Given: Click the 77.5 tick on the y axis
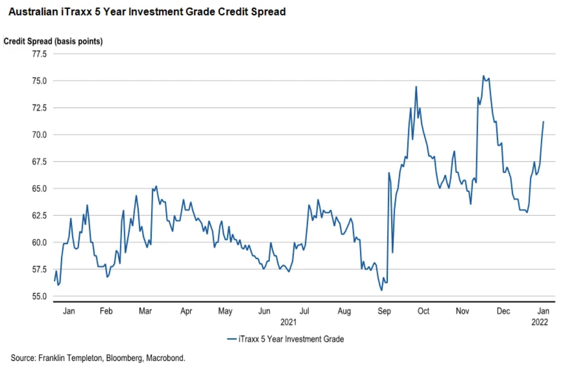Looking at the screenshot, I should coord(40,54).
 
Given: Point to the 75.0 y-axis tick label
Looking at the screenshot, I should coord(40,80).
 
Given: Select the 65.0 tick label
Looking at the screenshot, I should coord(40,188).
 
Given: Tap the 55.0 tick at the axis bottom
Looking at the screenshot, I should coord(40,296).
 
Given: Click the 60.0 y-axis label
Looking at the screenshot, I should coord(40,242).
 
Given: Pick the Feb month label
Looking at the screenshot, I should coord(106,311).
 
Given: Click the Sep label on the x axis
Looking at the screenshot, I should coord(384,311).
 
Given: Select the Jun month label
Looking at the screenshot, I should coord(265,311).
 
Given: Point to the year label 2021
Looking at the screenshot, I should coord(288,322).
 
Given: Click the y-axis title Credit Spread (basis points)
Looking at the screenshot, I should coord(53,41).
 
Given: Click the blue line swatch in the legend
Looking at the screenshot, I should coord(231,339).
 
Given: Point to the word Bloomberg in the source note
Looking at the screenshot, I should coord(123,358).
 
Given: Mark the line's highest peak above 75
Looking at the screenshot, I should coord(483,76).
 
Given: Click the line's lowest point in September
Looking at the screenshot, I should coord(381,290).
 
